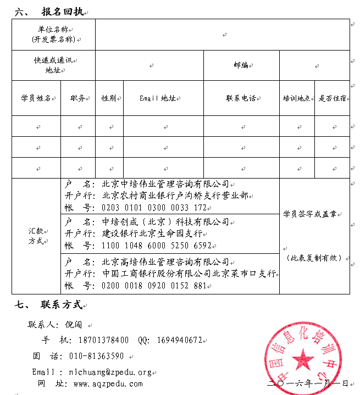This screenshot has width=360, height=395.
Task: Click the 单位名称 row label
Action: tap(53, 34)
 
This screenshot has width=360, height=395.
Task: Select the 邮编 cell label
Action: tap(241, 65)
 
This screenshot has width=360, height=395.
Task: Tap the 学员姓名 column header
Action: tap(36, 98)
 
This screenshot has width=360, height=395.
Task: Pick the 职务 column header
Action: tap(77, 98)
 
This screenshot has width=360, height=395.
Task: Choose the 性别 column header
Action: tap(108, 98)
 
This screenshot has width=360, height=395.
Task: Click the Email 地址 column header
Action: tap(157, 98)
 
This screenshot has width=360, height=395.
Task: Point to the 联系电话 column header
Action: tap(241, 98)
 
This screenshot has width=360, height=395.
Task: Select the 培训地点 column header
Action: tap(296, 98)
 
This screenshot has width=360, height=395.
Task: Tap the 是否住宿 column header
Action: tap(333, 98)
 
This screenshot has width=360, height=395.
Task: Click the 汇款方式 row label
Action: tap(36, 236)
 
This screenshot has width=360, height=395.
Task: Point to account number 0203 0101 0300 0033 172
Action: tap(154, 208)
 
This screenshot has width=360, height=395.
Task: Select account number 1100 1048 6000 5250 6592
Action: tap(156, 246)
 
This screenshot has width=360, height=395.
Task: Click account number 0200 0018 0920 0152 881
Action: tap(154, 286)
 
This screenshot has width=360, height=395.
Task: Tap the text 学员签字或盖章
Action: tap(313, 213)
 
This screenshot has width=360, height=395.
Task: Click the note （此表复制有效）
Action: tap(314, 258)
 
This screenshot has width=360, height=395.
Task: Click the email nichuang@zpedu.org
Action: tap(110, 372)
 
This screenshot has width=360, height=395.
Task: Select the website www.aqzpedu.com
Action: tap(108, 383)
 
